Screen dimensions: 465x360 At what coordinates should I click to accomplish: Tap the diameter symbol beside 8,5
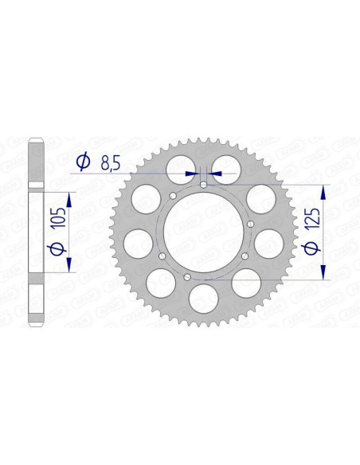[82, 164]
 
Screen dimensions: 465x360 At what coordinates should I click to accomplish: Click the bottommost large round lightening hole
[204, 299]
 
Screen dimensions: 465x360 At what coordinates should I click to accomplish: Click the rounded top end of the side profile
[35, 144]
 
